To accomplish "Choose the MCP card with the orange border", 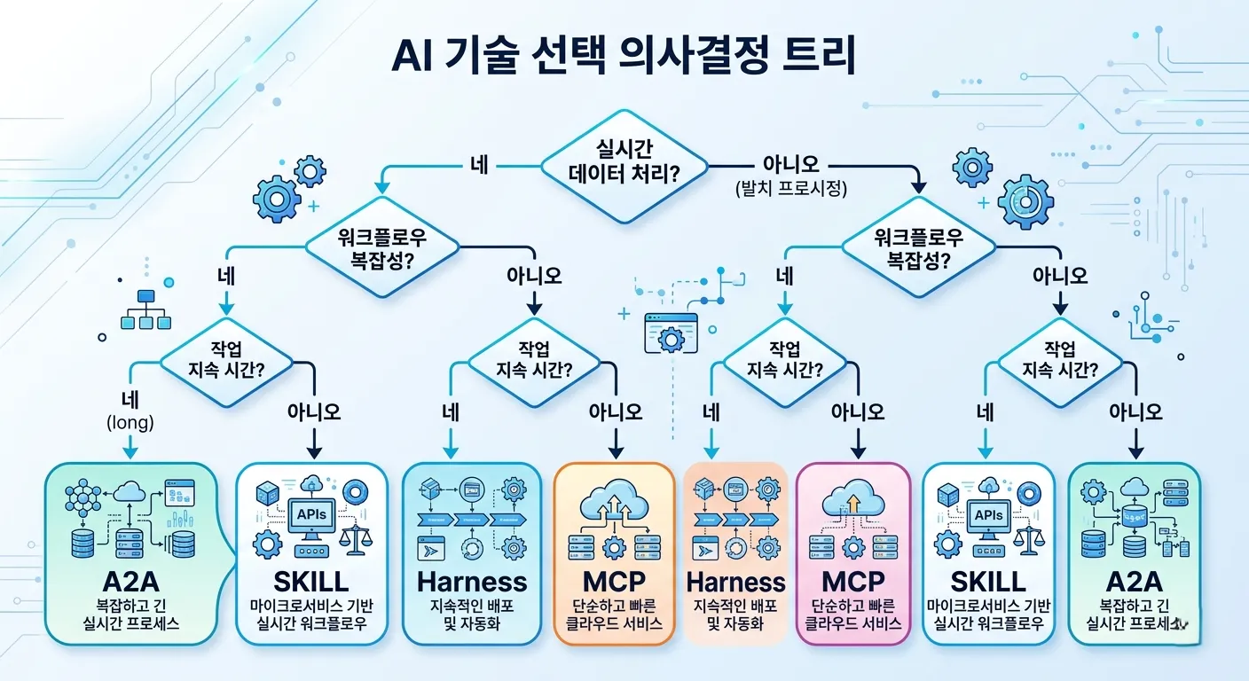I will click(615, 553).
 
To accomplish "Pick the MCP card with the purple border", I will click(853, 553).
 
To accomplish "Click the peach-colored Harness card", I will click(736, 553).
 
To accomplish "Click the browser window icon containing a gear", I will click(671, 334).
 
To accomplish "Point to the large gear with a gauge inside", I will click(1025, 201).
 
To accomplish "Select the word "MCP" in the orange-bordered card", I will click(615, 583).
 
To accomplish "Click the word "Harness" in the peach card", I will click(736, 583).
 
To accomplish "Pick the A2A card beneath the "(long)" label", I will click(130, 553).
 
